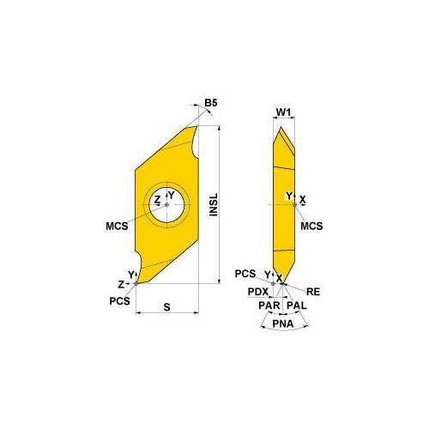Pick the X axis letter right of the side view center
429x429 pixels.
coord(303,200)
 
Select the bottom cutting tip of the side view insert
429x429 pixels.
coord(277,277)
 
